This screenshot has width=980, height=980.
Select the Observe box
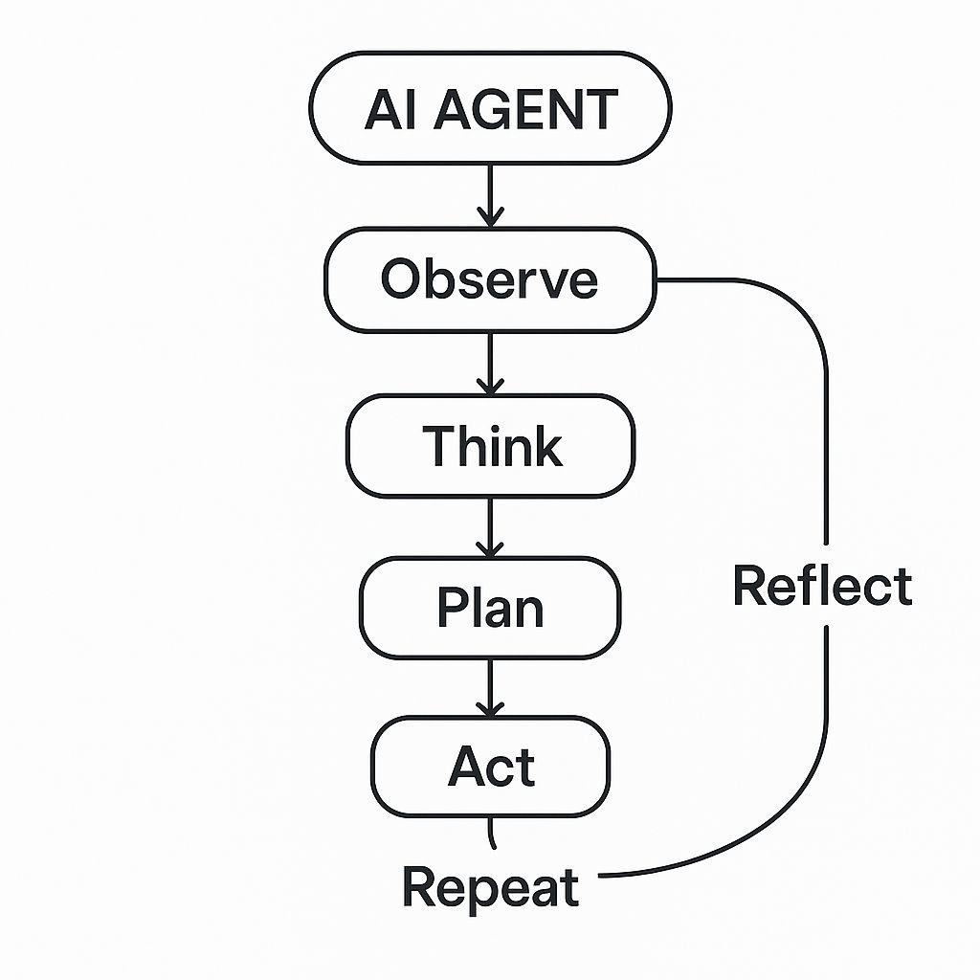[x=490, y=280]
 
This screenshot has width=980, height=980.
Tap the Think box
[x=490, y=447]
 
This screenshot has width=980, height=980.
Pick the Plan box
[x=490, y=609]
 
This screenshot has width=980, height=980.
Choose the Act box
[x=490, y=768]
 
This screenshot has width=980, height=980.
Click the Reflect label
[x=822, y=586]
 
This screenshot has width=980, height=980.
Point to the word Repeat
[x=490, y=887]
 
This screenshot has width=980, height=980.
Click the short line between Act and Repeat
[x=491, y=833]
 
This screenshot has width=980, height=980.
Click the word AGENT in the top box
[x=525, y=110]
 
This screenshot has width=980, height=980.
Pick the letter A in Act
[x=465, y=768]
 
